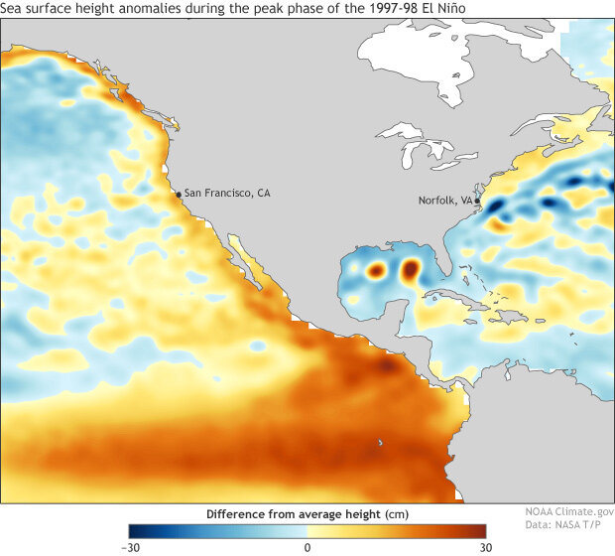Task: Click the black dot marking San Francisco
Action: tap(179, 195)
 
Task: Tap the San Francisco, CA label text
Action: tap(227, 193)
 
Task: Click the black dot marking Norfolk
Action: tap(477, 201)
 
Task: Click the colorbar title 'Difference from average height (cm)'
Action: tap(307, 514)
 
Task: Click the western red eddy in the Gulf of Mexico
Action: tap(376, 269)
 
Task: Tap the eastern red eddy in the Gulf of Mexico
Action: tap(410, 268)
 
